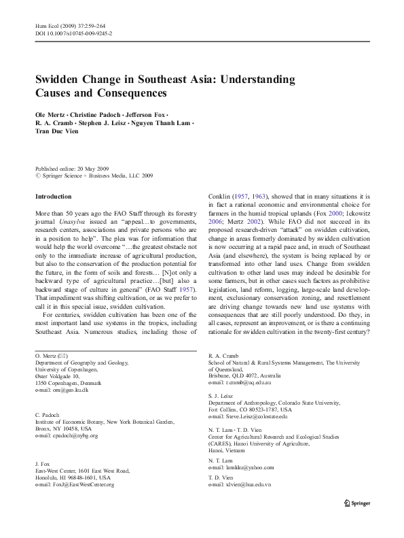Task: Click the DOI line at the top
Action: [73, 33]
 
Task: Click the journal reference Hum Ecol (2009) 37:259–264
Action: [73, 25]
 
